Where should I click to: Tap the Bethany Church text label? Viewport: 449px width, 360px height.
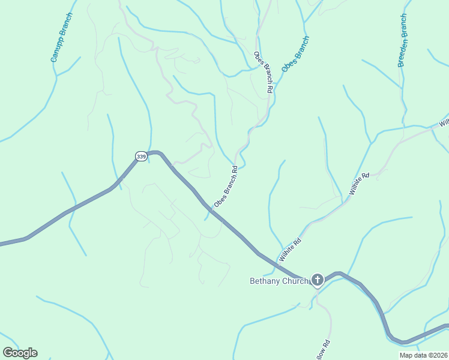coord(279,280)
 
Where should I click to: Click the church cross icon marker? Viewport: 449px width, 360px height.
coord(317,280)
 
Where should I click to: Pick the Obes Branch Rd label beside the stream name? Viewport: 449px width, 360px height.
coord(264,72)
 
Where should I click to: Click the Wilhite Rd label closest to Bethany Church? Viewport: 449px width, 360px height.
coord(289,248)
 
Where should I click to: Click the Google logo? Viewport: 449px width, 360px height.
coord(20,353)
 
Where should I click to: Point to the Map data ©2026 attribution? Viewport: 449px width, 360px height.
coord(423,355)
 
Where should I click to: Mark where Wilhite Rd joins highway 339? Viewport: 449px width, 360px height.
coord(277,265)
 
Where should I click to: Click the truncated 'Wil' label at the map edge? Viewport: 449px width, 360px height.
coord(444,123)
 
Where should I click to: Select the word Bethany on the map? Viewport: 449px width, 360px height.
coord(265,280)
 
